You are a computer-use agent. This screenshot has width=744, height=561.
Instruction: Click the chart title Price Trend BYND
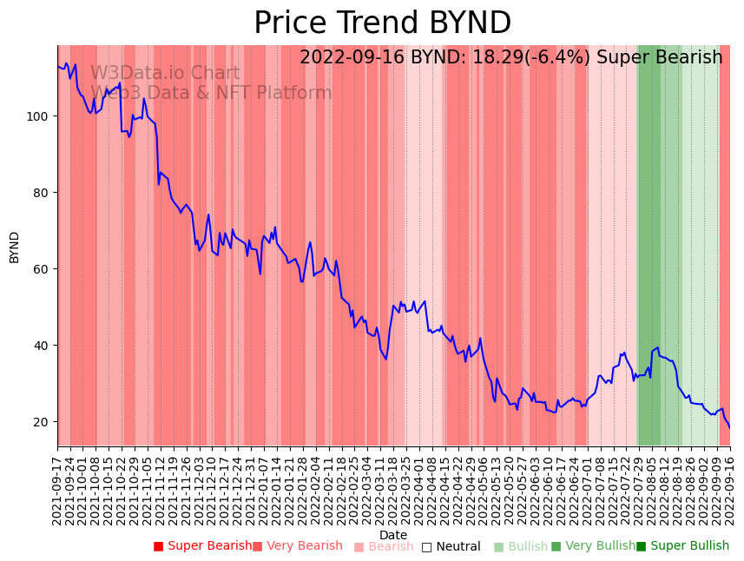pyautogui.click(x=382, y=23)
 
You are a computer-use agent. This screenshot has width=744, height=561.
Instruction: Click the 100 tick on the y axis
pyautogui.click(x=41, y=116)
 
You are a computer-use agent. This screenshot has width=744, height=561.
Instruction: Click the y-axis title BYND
pyautogui.click(x=15, y=247)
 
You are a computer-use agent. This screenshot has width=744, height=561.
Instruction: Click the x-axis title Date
pyautogui.click(x=393, y=535)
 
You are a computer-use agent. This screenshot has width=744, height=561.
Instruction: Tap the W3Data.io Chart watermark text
pyautogui.click(x=165, y=74)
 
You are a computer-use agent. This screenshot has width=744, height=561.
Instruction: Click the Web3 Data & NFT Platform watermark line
pyautogui.click(x=211, y=94)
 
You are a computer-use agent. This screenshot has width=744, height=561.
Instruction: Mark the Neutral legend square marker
pyautogui.click(x=426, y=547)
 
